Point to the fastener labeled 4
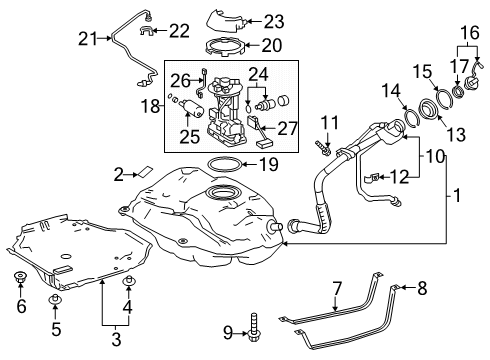[128, 282]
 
